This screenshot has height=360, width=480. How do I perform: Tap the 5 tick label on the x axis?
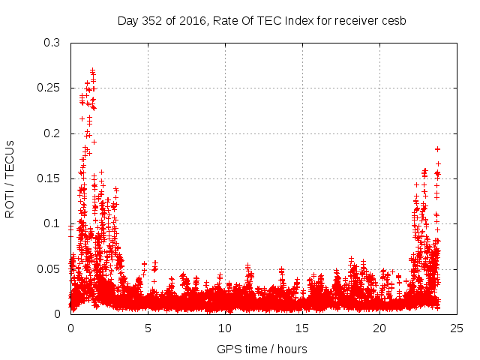pos(148,328)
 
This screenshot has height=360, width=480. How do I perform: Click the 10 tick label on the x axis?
pos(225,328)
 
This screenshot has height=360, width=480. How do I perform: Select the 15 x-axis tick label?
pos(302,328)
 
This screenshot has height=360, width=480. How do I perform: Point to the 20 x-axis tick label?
pos(379,328)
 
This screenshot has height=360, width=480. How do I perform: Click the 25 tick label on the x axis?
pos(457,328)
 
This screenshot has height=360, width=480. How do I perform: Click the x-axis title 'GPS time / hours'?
pos(262,349)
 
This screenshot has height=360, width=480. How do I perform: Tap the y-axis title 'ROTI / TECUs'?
pos(10,178)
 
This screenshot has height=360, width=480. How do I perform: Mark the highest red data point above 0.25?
pos(92,70)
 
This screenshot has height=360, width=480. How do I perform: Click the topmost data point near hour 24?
pos(437,149)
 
